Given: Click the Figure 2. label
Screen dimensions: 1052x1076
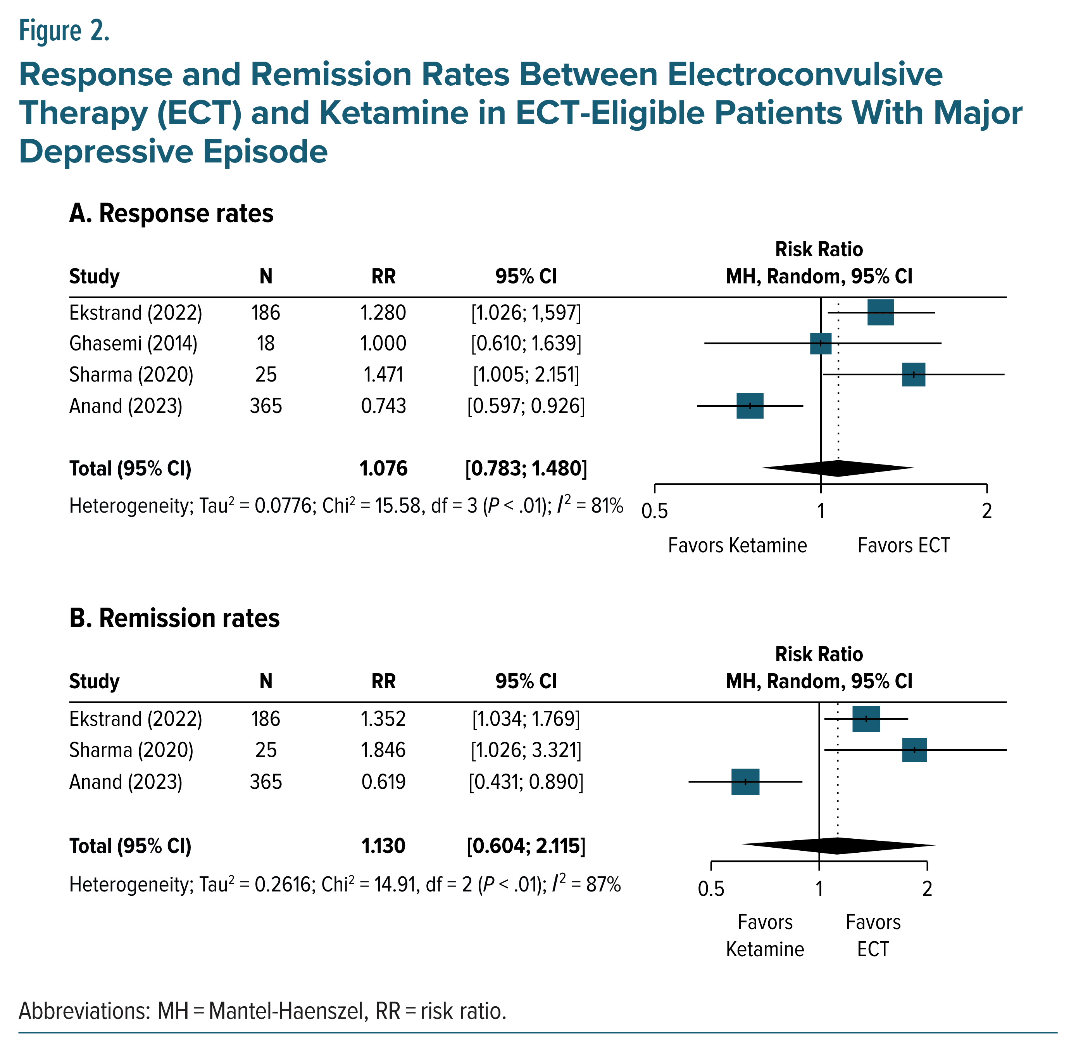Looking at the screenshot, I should tap(64, 31).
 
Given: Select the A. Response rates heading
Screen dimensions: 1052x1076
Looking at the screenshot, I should tap(171, 213).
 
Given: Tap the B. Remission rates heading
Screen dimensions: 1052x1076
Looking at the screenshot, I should tap(174, 618).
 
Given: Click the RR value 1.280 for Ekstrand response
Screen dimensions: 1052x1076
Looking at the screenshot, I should tap(383, 313).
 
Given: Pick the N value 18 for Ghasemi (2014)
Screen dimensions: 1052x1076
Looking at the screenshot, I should tap(266, 344).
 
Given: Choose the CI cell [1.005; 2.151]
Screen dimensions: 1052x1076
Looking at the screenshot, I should tap(526, 375).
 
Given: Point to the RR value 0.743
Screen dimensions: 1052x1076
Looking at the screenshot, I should tap(383, 406).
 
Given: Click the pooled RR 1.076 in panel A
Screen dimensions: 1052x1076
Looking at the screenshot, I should tap(383, 468).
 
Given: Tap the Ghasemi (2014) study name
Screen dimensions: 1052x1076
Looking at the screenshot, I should tap(133, 344).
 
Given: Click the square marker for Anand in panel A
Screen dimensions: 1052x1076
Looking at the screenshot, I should tap(750, 406).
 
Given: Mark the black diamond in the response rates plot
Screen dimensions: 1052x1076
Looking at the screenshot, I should tap(838, 468).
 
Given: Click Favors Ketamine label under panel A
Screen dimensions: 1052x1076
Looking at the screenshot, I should tap(737, 545).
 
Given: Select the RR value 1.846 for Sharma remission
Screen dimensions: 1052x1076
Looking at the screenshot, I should tap(383, 750).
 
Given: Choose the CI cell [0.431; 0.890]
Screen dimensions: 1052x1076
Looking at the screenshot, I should tap(526, 782).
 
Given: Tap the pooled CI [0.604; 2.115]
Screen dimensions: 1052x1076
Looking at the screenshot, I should tap(526, 846).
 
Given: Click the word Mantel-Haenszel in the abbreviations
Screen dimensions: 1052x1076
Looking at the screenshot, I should tap(288, 1011).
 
